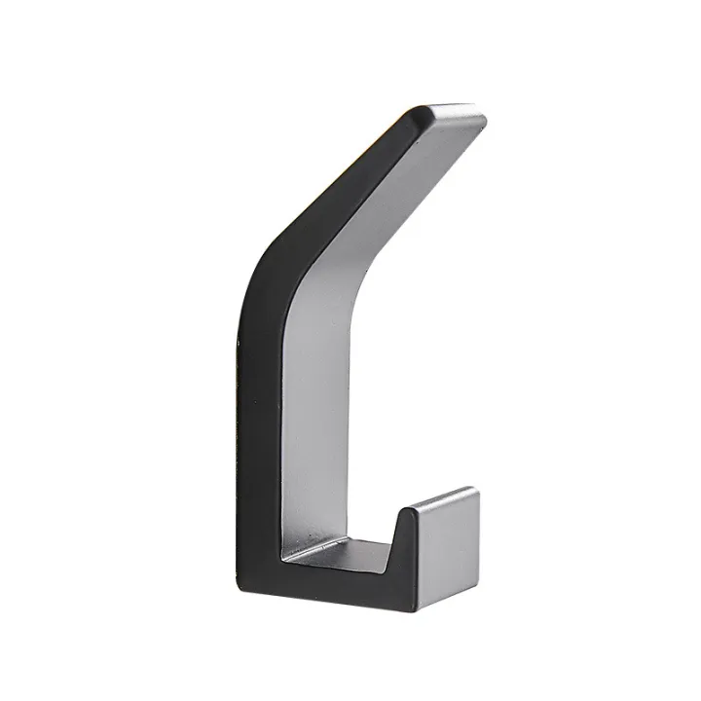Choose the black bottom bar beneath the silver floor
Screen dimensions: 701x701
click(331, 584)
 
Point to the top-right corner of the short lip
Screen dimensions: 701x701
click(477, 489)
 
